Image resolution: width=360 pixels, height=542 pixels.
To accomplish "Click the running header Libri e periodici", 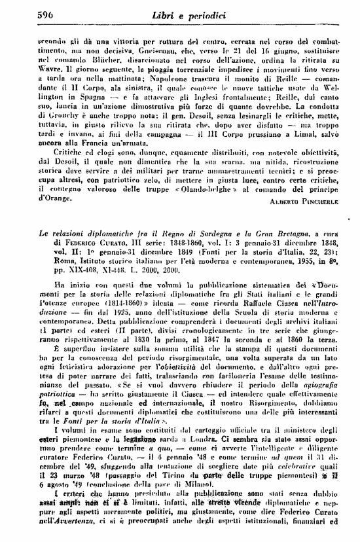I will pos(179,14).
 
